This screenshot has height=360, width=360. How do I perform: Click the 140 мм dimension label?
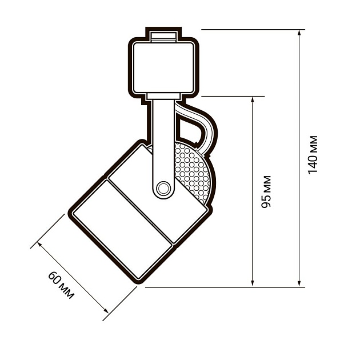tap(313, 154)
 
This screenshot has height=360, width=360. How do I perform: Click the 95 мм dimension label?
tap(266, 191)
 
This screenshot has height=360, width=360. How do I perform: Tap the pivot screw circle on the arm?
tap(163, 187)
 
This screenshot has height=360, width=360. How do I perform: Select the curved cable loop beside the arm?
tap(203, 129)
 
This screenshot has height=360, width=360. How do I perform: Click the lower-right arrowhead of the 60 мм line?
tap(105, 309)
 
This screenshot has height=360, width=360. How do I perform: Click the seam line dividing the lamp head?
tap(140, 211)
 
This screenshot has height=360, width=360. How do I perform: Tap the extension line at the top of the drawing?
tap(251, 29)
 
